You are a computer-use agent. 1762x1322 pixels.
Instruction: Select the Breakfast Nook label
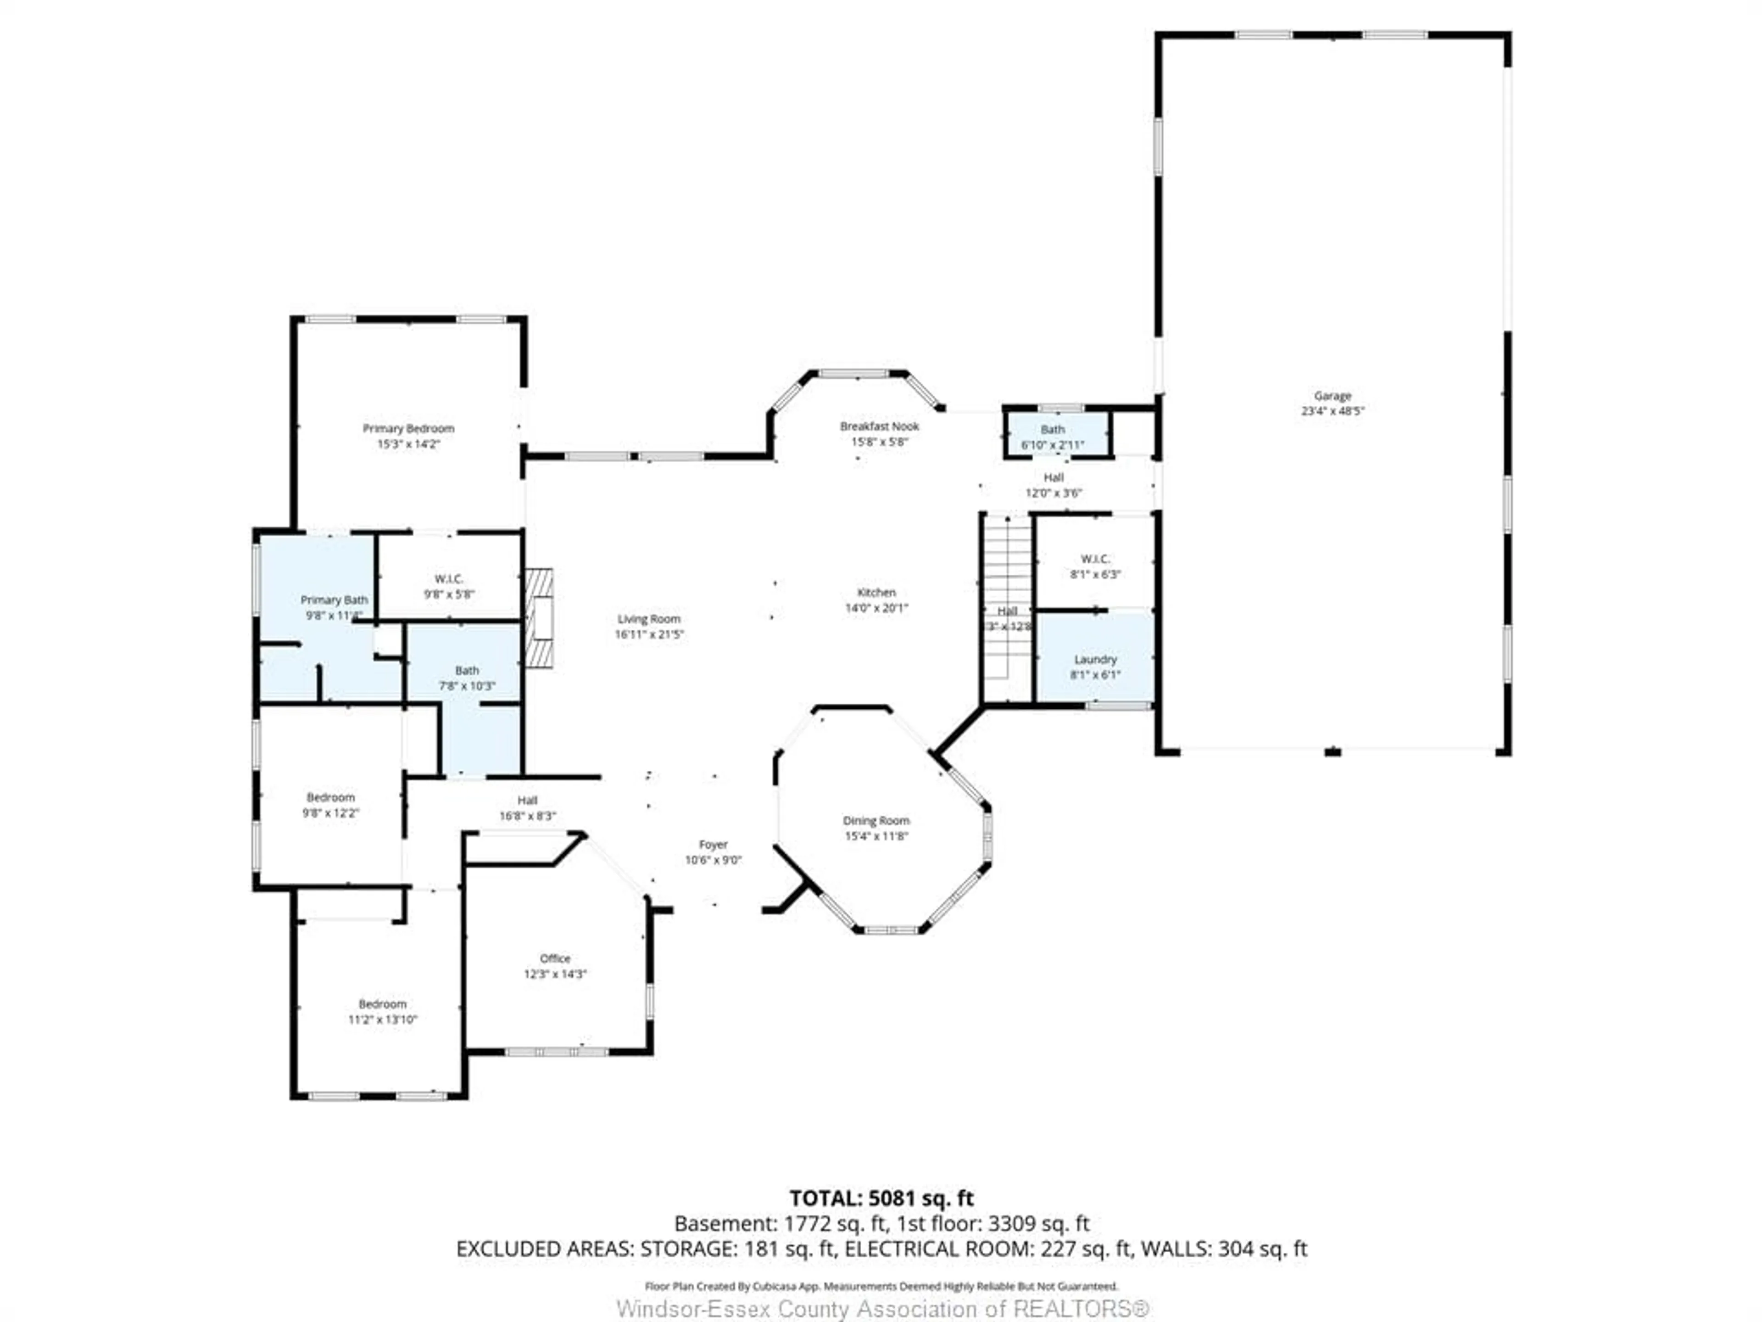click(880, 426)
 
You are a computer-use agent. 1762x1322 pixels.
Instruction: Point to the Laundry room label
click(1095, 659)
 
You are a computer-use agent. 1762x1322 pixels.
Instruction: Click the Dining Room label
click(876, 820)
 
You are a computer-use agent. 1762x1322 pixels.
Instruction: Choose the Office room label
click(555, 958)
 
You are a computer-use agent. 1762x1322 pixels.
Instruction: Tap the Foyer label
click(713, 844)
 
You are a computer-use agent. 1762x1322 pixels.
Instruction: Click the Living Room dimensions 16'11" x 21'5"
click(649, 634)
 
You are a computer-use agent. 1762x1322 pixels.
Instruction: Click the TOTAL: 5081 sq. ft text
click(881, 1198)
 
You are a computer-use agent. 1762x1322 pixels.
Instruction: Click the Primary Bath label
click(334, 599)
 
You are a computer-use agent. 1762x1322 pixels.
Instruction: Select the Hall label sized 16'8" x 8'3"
click(527, 800)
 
